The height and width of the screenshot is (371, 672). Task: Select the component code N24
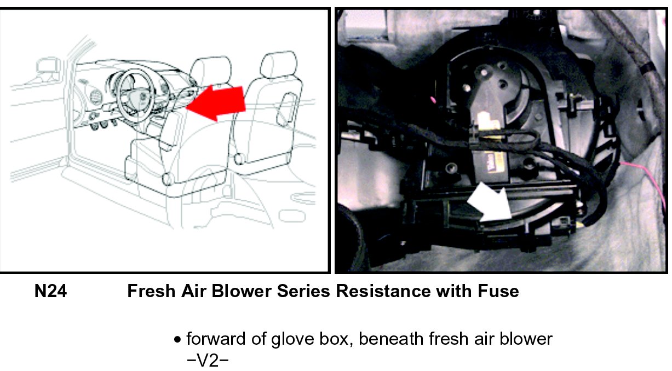(x=51, y=291)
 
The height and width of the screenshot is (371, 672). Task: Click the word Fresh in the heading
(x=151, y=291)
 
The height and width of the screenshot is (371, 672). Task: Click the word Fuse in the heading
(x=498, y=291)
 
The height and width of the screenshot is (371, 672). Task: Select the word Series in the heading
(x=303, y=291)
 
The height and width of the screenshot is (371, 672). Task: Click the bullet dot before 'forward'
(x=177, y=340)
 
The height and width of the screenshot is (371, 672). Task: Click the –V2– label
(x=208, y=361)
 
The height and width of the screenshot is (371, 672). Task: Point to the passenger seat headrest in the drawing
(x=278, y=65)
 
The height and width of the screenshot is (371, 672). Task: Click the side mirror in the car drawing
(x=48, y=66)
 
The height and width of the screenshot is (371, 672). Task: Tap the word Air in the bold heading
(x=193, y=291)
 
